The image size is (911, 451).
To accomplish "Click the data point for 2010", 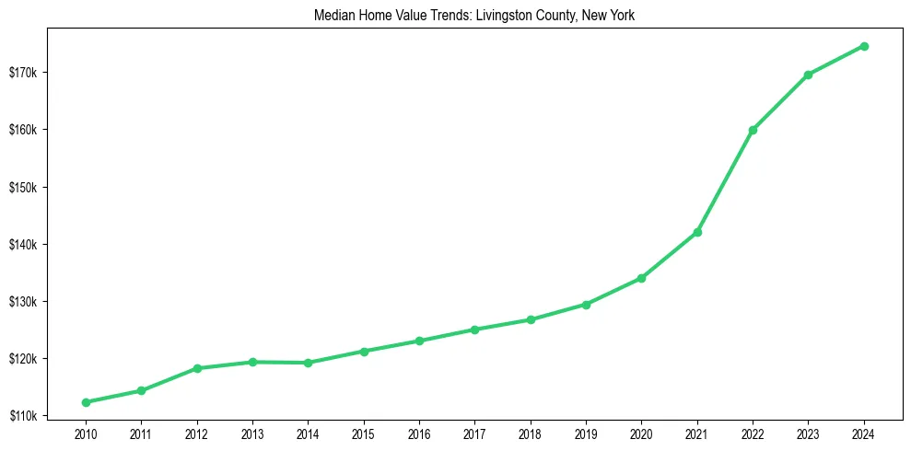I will pos(86,402).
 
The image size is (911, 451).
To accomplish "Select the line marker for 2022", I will pos(753,130).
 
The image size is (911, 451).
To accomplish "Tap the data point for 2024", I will pos(864,46).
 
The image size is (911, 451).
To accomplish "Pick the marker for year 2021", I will pos(697,232).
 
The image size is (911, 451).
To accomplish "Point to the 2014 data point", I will pos(308,363).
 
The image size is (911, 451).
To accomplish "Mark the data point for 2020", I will pos(641,278).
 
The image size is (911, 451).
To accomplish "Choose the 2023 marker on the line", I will pos(808,75).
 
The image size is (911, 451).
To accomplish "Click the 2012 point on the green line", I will pos(197,368).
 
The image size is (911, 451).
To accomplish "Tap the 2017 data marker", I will pos(474,330).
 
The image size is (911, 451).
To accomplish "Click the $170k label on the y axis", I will pos(35,73).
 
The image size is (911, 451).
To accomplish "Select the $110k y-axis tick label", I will pos(35,416).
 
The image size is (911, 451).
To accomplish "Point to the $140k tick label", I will pos(35,245).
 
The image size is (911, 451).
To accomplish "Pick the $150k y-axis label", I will pos(35,188).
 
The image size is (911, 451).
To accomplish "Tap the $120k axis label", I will pos(35,359).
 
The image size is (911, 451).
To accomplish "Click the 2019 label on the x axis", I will pos(586,434).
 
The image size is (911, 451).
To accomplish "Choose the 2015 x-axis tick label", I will pos(363,434).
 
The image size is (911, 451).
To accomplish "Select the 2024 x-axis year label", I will pos(864,434).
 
